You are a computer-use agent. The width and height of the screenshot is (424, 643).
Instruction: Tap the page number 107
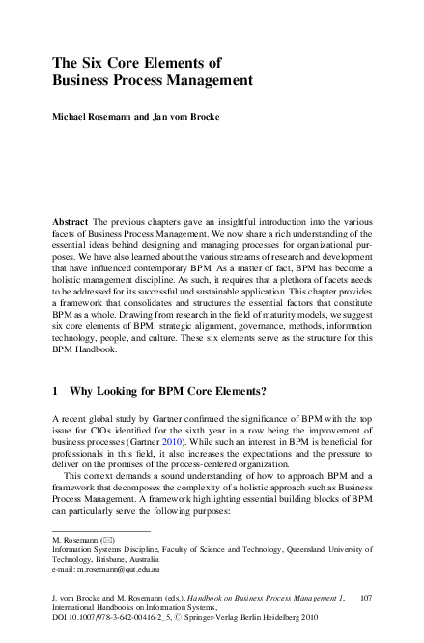tap(364, 599)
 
